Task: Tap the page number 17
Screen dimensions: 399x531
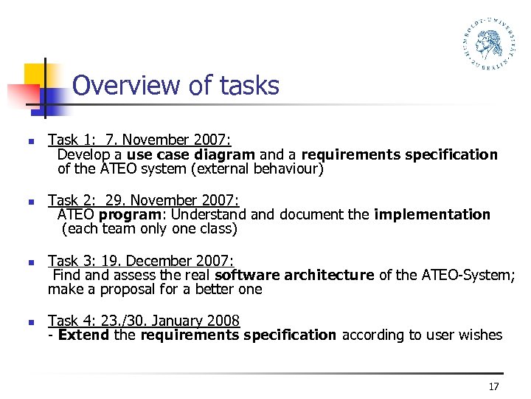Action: click(493, 387)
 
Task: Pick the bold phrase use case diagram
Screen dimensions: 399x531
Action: click(191, 155)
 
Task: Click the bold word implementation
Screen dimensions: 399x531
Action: click(432, 215)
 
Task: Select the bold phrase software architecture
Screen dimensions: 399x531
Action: click(294, 276)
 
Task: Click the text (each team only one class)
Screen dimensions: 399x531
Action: click(150, 229)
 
